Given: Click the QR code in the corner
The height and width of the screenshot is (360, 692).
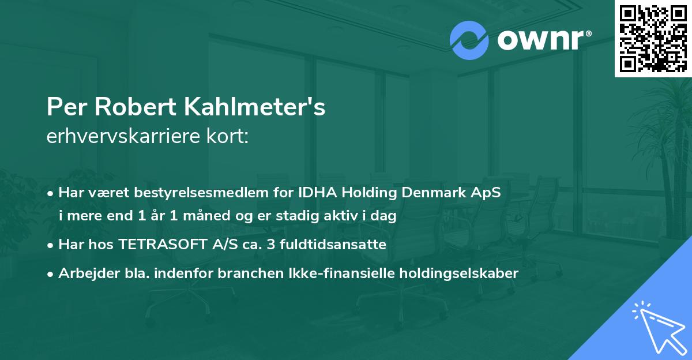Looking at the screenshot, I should tap(653, 39).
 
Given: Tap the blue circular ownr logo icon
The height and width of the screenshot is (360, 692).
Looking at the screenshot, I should tap(469, 40).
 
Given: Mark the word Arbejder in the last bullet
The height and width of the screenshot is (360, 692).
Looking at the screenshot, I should tap(85, 273).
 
